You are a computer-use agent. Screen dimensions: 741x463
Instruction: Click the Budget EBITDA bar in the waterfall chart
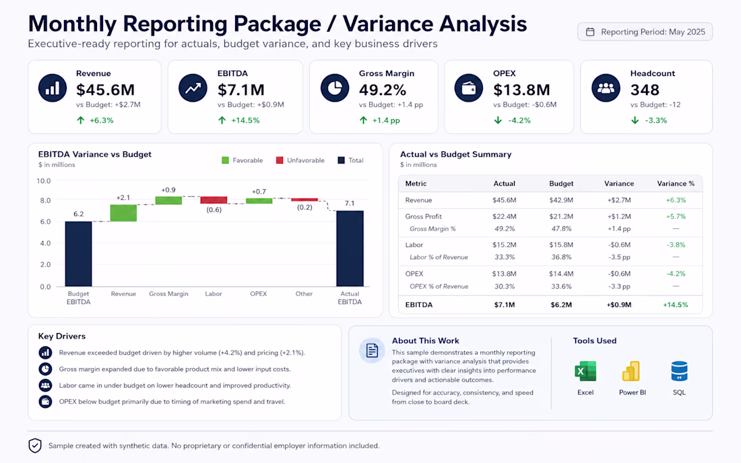(78, 254)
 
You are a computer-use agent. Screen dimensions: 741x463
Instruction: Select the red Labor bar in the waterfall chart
(214, 200)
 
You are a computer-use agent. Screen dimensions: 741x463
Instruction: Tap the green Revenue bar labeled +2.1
(123, 213)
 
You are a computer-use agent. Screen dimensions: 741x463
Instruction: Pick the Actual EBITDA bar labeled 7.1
(350, 249)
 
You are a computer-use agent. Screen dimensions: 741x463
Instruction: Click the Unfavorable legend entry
(300, 160)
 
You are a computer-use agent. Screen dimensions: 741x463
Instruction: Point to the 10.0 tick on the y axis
(44, 181)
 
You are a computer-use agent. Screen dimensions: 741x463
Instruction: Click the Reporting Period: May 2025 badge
(645, 32)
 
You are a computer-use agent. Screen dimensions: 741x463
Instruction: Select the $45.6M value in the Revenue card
(105, 90)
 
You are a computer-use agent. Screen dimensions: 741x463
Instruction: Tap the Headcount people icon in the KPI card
(606, 87)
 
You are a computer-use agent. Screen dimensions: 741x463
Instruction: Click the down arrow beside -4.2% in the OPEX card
(498, 120)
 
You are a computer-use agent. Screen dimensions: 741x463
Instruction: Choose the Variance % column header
(676, 184)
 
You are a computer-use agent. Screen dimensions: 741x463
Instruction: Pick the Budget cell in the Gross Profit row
(561, 217)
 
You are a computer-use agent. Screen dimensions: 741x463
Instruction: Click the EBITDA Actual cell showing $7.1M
(505, 305)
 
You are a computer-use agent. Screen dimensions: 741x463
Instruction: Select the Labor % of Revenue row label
(439, 257)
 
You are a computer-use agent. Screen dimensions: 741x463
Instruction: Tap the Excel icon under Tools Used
(585, 371)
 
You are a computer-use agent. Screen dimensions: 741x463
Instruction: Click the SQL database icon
(679, 371)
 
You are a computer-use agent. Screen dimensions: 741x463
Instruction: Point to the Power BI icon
(631, 371)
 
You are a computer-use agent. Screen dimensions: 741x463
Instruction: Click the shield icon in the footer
(35, 446)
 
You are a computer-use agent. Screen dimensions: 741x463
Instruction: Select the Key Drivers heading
(62, 336)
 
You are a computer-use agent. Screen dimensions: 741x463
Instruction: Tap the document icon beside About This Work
(372, 351)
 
